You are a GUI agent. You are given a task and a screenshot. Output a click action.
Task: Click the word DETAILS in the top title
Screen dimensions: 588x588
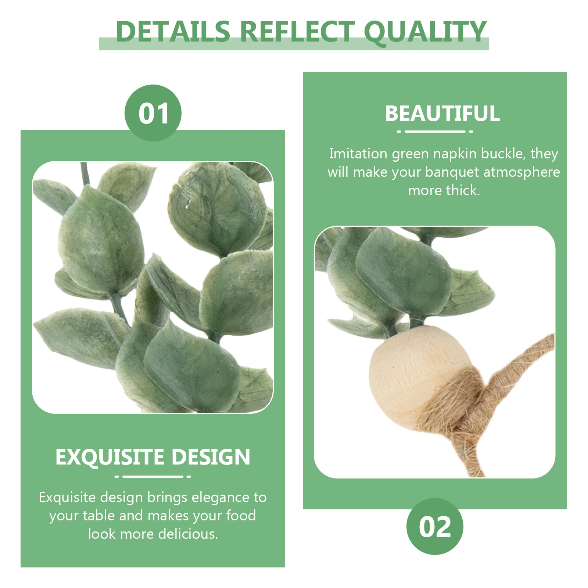tap(173, 31)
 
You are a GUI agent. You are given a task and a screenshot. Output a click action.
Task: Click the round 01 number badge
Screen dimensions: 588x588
tap(153, 113)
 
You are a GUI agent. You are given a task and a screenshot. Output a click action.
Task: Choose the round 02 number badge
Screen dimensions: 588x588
tap(435, 526)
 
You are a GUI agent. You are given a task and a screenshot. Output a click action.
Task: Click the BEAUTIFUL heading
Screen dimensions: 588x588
tap(442, 113)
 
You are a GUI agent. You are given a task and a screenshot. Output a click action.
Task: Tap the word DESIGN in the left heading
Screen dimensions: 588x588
tap(211, 457)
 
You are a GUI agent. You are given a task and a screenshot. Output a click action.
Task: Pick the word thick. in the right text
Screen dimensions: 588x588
tap(463, 190)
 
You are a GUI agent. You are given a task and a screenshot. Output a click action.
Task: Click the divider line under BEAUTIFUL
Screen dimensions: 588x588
tap(435, 131)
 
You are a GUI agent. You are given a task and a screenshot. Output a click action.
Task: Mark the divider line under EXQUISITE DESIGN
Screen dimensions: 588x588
tap(153, 476)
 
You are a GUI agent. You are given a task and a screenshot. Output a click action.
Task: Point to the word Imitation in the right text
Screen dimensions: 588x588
tap(358, 154)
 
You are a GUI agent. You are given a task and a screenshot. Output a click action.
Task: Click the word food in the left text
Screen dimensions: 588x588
tap(241, 515)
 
